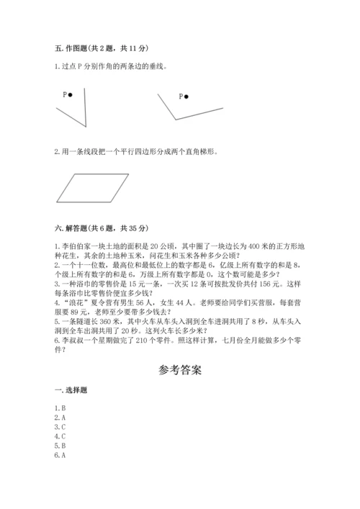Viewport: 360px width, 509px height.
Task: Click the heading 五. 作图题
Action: pyautogui.click(x=101, y=48)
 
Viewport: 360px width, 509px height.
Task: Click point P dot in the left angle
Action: pyautogui.click(x=72, y=94)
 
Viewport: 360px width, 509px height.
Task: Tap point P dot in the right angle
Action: pyautogui.click(x=187, y=96)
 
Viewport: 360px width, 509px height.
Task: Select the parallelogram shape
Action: pyautogui.click(x=93, y=188)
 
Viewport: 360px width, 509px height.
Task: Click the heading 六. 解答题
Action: pyautogui.click(x=101, y=229)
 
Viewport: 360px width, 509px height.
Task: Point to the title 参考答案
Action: pyautogui.click(x=180, y=371)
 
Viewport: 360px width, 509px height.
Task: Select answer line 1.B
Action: pyautogui.click(x=60, y=408)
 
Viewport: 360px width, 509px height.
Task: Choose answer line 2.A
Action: pyautogui.click(x=60, y=418)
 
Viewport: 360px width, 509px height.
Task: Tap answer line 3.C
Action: pyautogui.click(x=60, y=427)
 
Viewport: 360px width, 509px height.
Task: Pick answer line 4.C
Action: pyautogui.click(x=60, y=436)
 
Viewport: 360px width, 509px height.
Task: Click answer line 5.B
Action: pyautogui.click(x=60, y=446)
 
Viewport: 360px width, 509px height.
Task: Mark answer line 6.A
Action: pyautogui.click(x=60, y=455)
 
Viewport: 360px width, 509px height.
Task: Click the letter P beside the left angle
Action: pyautogui.click(x=65, y=94)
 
